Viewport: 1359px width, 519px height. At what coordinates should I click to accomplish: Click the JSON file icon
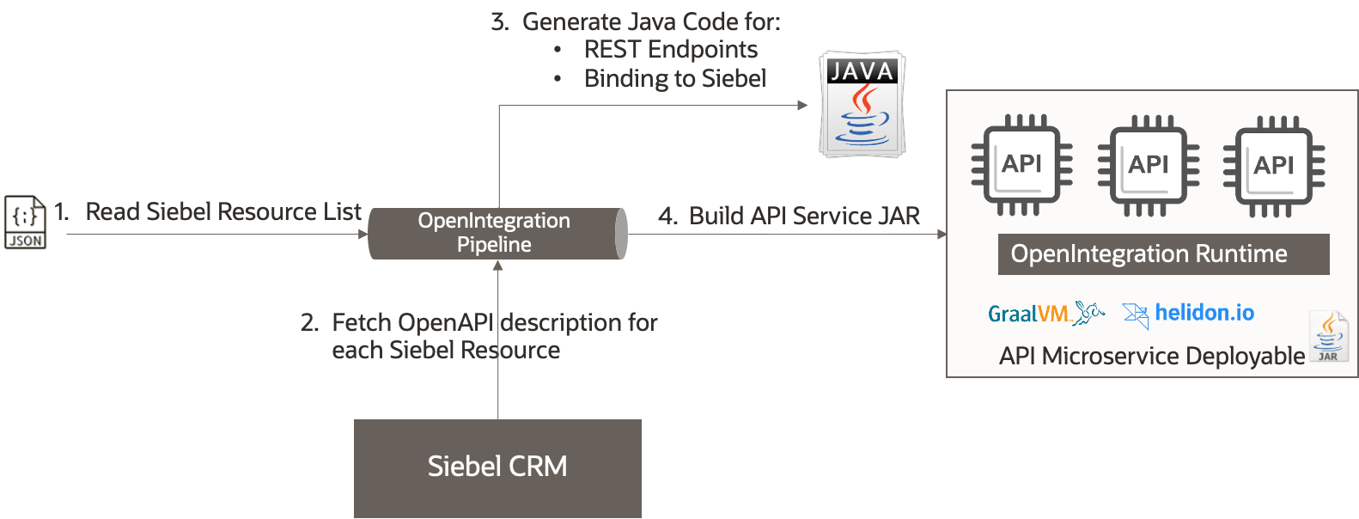[25, 222]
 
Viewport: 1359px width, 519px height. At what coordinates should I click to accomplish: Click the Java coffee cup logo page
[862, 105]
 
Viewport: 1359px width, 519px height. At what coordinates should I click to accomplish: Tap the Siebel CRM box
[497, 467]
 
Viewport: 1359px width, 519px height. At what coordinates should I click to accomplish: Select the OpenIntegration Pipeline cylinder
[497, 233]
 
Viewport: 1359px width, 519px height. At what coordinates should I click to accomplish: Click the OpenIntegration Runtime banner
[1163, 254]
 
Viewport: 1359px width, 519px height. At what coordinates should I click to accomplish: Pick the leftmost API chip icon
[1021, 165]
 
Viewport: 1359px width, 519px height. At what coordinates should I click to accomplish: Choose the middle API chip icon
[1149, 165]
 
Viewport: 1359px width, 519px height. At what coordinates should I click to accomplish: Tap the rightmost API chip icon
[1273, 165]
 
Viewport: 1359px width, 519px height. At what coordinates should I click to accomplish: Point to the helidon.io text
[1204, 313]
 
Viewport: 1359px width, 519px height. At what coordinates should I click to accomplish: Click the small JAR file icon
[1328, 337]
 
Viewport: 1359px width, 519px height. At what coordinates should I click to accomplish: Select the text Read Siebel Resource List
[222, 211]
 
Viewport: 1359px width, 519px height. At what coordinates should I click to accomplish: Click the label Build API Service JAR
[803, 216]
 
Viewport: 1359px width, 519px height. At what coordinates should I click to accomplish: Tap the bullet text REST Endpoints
[670, 50]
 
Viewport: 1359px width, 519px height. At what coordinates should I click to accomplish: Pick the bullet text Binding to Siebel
[674, 79]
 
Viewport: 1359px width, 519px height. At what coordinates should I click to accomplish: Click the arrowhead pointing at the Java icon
[802, 105]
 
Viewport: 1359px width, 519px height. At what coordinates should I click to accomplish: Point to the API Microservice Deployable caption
[1151, 356]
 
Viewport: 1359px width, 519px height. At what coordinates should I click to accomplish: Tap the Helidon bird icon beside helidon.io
[1136, 315]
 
